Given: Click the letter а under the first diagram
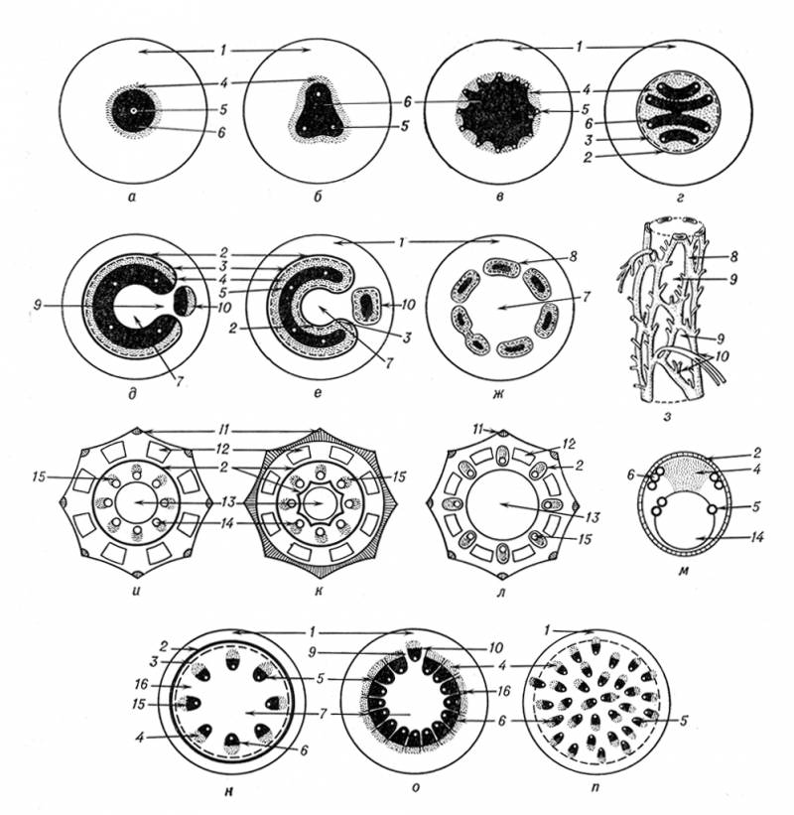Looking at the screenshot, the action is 132,197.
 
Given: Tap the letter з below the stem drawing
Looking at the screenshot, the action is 668,415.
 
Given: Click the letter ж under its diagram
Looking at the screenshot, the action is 501,393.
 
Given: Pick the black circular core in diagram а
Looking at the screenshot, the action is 133,111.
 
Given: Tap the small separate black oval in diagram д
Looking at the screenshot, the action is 183,302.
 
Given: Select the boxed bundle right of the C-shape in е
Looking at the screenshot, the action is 368,305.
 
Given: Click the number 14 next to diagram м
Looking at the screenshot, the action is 756,537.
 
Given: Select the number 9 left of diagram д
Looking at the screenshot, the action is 37,307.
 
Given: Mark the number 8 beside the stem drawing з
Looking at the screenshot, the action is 733,256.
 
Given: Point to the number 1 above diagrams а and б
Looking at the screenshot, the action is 222,51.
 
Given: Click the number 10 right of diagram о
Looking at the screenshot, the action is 495,647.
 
